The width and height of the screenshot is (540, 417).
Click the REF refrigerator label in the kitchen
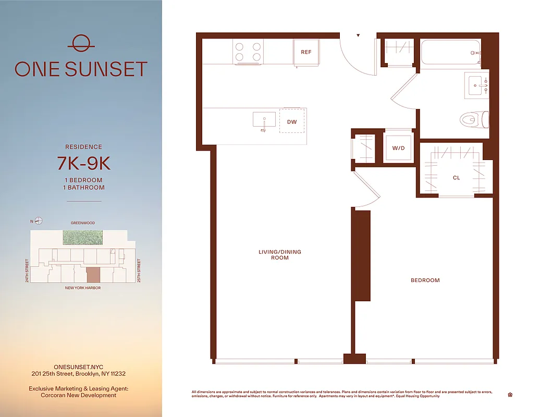[306, 52]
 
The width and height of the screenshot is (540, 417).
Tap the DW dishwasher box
[292, 121]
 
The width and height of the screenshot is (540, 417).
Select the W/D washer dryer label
[398, 148]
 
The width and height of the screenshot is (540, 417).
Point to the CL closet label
[456, 178]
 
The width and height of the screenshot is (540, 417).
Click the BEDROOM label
[425, 280]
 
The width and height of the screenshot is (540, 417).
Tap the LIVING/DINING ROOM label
[280, 255]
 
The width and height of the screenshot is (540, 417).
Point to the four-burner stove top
[248, 51]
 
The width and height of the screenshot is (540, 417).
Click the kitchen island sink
[264, 120]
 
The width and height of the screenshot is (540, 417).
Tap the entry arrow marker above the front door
[358, 36]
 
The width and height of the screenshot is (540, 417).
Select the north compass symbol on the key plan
[39, 221]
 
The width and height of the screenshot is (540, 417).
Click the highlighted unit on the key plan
[93, 275]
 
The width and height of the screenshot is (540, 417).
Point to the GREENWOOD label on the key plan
[83, 223]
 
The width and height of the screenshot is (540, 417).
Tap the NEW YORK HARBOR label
[83, 288]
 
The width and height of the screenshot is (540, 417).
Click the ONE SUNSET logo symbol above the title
[81, 43]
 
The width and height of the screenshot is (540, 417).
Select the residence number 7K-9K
[83, 164]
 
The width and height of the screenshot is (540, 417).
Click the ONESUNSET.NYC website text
[78, 367]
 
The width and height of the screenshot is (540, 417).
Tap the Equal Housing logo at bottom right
[509, 395]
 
